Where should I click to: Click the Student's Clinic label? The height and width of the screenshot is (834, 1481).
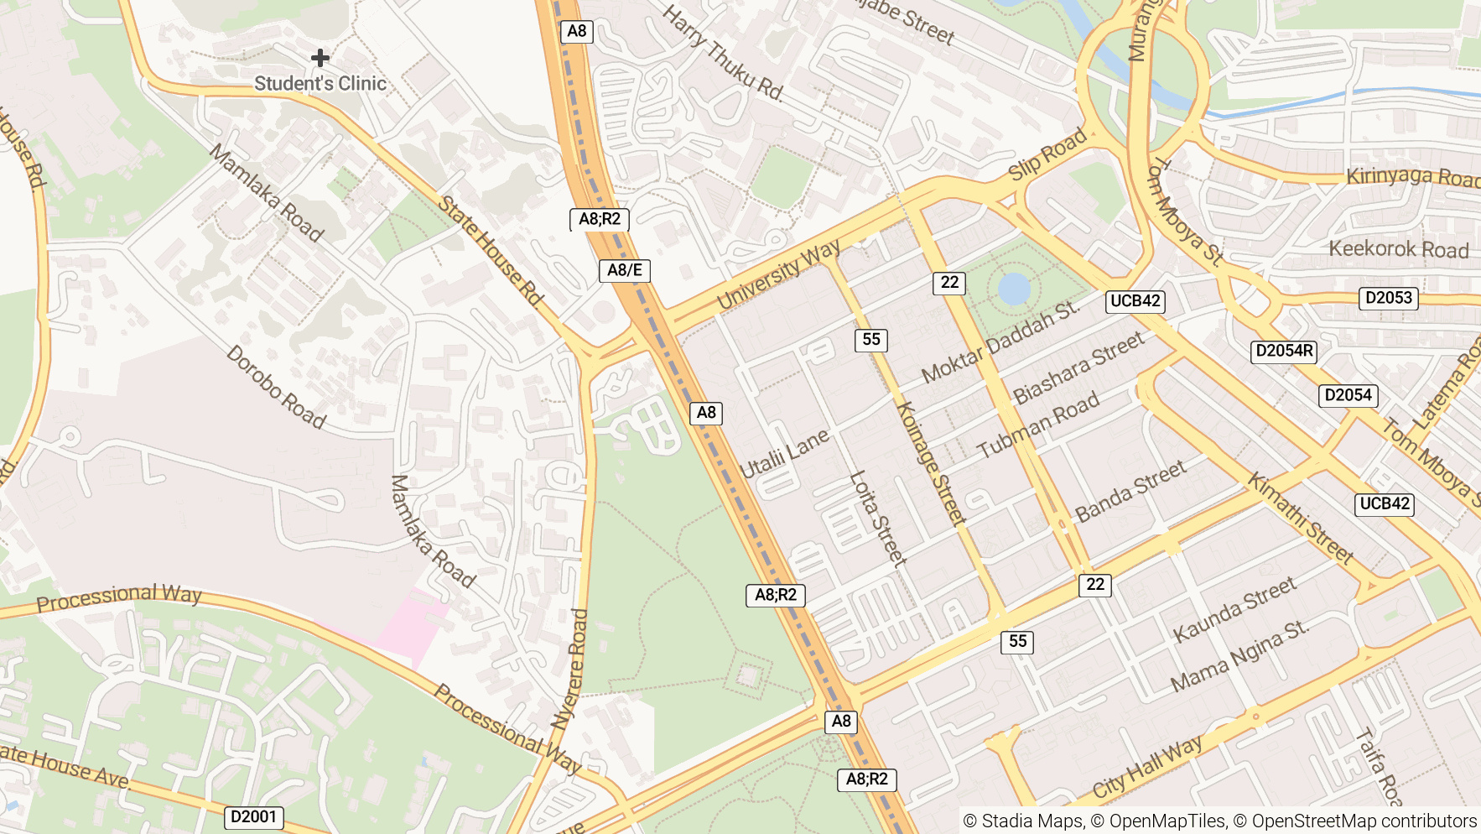[320, 84]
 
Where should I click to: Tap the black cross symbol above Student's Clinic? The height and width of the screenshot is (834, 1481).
[320, 58]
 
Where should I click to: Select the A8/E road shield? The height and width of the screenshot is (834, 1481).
[625, 270]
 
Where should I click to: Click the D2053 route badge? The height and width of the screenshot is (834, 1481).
[1389, 298]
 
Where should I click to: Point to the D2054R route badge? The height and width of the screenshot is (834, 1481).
[1284, 351]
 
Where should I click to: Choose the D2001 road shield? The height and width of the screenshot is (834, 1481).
[254, 816]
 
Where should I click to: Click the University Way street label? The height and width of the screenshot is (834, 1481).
[778, 274]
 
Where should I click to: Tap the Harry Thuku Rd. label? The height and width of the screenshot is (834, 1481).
[723, 53]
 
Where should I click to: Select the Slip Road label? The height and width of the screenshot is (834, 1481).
[1047, 154]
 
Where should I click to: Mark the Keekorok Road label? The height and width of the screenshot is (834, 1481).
[1399, 249]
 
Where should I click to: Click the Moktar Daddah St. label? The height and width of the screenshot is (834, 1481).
[1000, 342]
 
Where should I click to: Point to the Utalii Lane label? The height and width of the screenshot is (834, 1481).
[784, 454]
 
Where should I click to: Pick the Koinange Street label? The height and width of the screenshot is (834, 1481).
[931, 463]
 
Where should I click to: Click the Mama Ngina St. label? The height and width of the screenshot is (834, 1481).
[1239, 656]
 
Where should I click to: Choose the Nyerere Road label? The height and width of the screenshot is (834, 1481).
[569, 669]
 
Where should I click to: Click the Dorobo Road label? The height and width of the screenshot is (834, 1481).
[276, 387]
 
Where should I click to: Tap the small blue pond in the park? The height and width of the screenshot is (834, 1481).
[1014, 289]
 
